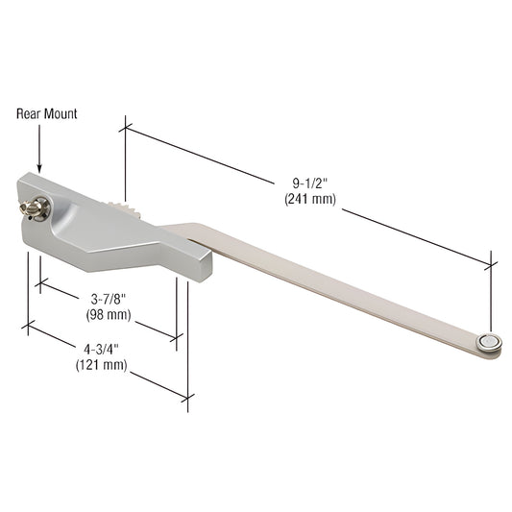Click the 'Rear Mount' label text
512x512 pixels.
point(46,113)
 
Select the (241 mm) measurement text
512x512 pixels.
point(307,201)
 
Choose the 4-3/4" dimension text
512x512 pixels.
point(101,349)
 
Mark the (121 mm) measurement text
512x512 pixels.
point(101,365)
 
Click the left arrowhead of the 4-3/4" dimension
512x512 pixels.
point(26,326)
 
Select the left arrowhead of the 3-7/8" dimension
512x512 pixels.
point(39,283)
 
